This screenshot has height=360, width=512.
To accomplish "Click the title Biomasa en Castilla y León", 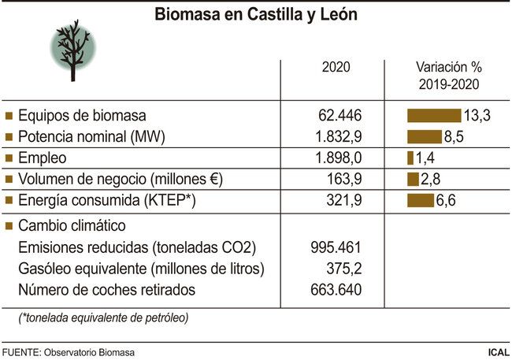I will [x=255, y=15].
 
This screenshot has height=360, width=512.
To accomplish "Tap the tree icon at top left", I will [x=72, y=49].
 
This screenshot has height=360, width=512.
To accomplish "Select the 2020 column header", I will [x=336, y=67].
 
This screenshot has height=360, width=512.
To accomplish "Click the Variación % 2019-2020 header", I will [x=447, y=76].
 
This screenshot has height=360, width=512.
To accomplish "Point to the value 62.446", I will [x=336, y=116].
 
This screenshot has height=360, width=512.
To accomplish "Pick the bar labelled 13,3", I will [x=433, y=116].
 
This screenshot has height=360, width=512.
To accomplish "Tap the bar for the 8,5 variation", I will [x=424, y=136].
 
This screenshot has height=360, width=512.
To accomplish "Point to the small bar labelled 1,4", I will [x=410, y=158].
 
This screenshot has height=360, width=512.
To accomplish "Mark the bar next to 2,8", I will [x=413, y=179].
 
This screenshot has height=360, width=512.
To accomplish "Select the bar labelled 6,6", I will [x=421, y=200].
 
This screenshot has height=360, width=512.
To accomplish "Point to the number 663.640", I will [x=336, y=290].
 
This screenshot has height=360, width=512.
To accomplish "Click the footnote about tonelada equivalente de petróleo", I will [x=103, y=317].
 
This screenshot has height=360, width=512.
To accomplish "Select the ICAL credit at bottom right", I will [x=496, y=351].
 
